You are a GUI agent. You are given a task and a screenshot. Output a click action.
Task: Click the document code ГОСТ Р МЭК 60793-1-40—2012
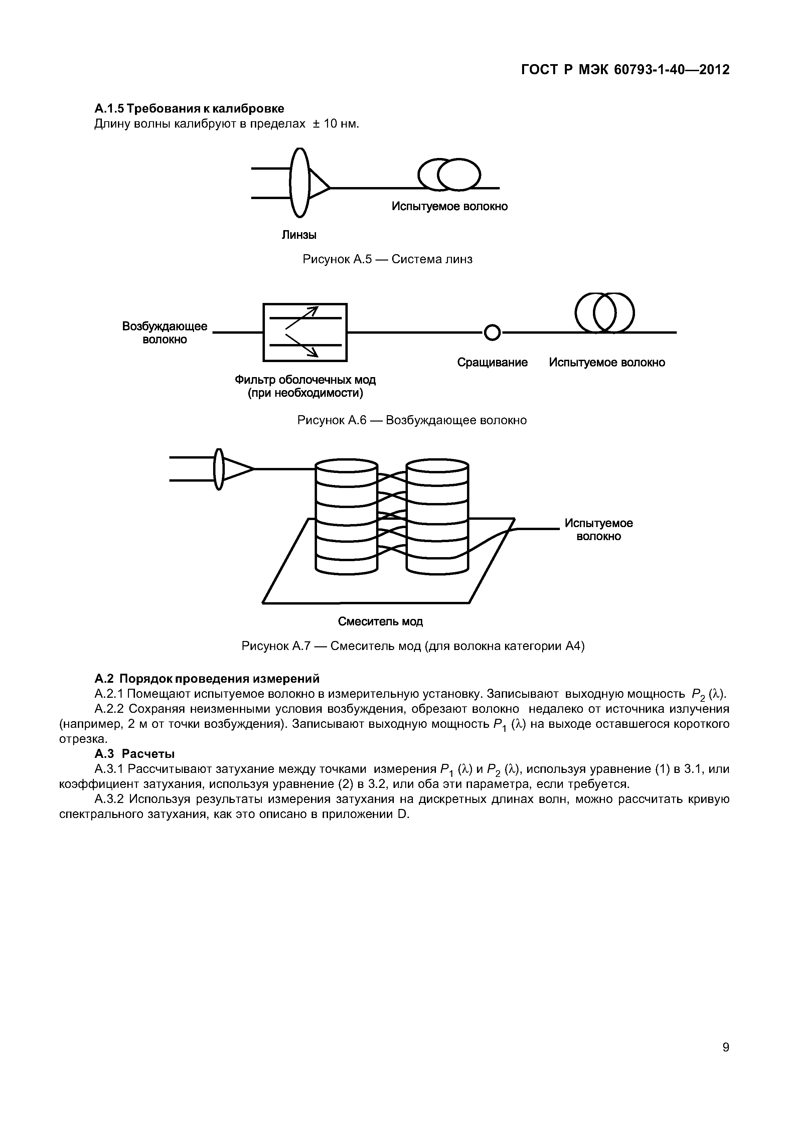[625, 70]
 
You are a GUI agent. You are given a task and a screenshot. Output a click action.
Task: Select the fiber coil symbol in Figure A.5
[449, 174]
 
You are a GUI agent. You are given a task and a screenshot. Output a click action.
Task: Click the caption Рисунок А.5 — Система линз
[387, 259]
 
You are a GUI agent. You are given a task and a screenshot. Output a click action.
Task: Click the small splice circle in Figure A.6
[492, 333]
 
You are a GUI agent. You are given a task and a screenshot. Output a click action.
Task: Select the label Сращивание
[492, 362]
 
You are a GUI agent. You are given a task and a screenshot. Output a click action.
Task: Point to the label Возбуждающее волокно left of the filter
[165, 333]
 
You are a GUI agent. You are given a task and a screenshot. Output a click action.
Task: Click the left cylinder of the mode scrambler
[346, 517]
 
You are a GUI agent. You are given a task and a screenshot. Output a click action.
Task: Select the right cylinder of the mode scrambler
[437, 517]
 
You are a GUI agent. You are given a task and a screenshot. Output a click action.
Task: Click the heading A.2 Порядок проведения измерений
[207, 678]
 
